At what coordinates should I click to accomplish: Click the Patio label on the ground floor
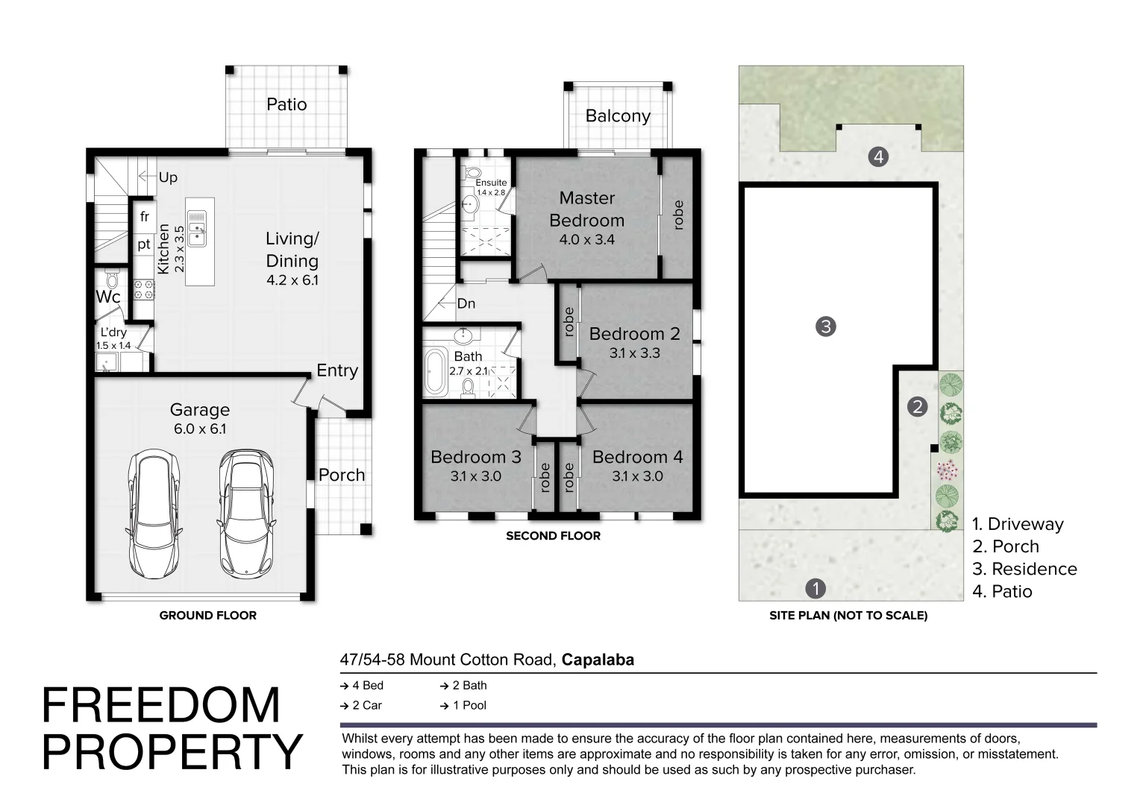click(x=286, y=104)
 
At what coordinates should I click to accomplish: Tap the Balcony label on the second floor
click(x=618, y=116)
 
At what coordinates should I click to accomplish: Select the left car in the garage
click(x=154, y=513)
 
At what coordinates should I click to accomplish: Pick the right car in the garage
click(x=246, y=513)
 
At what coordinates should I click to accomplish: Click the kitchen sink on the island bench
click(x=197, y=229)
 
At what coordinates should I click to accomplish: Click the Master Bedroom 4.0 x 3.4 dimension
click(x=587, y=239)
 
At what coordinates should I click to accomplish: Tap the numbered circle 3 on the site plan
click(x=825, y=326)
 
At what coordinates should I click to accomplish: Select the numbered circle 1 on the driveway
click(x=815, y=588)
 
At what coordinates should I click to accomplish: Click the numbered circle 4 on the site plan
click(x=878, y=157)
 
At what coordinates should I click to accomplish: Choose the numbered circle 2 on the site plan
click(x=917, y=407)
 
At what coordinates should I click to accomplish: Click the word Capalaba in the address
click(x=598, y=660)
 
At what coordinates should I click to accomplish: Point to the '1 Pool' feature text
click(x=470, y=705)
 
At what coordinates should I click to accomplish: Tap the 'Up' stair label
click(x=168, y=177)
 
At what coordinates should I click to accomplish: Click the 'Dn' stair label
click(x=466, y=303)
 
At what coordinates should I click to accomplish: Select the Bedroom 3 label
click(x=476, y=457)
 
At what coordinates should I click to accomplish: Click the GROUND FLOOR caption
click(x=207, y=616)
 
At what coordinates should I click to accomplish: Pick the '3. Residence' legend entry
click(x=1024, y=569)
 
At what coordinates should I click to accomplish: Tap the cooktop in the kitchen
click(x=144, y=289)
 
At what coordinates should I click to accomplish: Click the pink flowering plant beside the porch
click(x=947, y=470)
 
